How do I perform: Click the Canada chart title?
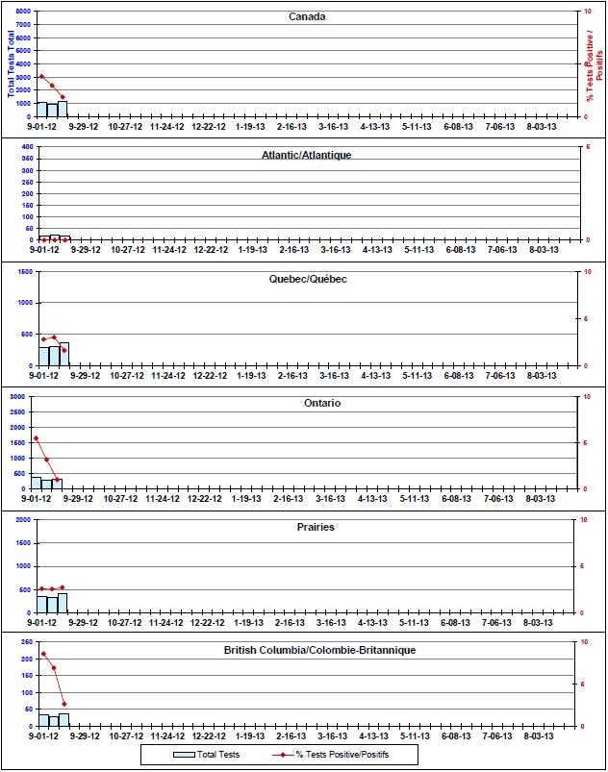(x=307, y=16)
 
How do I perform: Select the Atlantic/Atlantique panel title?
(x=307, y=155)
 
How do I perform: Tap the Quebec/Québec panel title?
(x=308, y=279)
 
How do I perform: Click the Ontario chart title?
(x=322, y=403)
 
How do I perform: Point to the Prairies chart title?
(x=316, y=527)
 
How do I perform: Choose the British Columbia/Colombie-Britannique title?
(x=319, y=651)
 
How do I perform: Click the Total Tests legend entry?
(x=207, y=755)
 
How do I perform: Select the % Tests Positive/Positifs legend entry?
(x=331, y=755)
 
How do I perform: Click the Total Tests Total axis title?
(x=11, y=63)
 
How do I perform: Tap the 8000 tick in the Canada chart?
(x=23, y=11)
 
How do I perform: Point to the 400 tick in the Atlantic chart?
(x=28, y=147)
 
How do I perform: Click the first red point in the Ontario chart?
(x=36, y=438)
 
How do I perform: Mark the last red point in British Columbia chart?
(x=64, y=704)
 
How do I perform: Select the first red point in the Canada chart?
(x=41, y=76)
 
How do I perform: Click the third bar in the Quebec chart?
(x=64, y=354)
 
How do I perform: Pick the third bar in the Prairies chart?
(x=63, y=603)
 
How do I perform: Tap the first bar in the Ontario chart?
(x=37, y=483)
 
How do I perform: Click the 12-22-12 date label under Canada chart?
(x=209, y=127)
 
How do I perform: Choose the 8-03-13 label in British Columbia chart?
(x=539, y=736)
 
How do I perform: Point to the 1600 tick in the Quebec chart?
(x=25, y=271)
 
